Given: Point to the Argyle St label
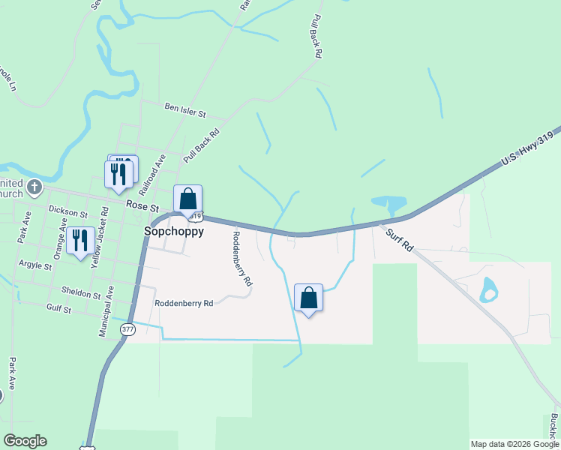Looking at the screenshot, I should (x=34, y=266).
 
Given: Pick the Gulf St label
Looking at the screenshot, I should (x=58, y=308).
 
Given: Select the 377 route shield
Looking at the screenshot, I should (x=127, y=329).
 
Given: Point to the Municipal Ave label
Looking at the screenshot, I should (x=106, y=310).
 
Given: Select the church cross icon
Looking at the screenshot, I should (x=34, y=186).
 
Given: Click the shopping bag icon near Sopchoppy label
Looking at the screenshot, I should (x=188, y=199).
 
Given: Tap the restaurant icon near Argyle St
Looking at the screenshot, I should (x=80, y=241).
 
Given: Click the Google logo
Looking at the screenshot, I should (x=25, y=441).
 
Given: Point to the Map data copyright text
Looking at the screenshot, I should (x=514, y=444).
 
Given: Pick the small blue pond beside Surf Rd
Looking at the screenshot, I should (x=489, y=289).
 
